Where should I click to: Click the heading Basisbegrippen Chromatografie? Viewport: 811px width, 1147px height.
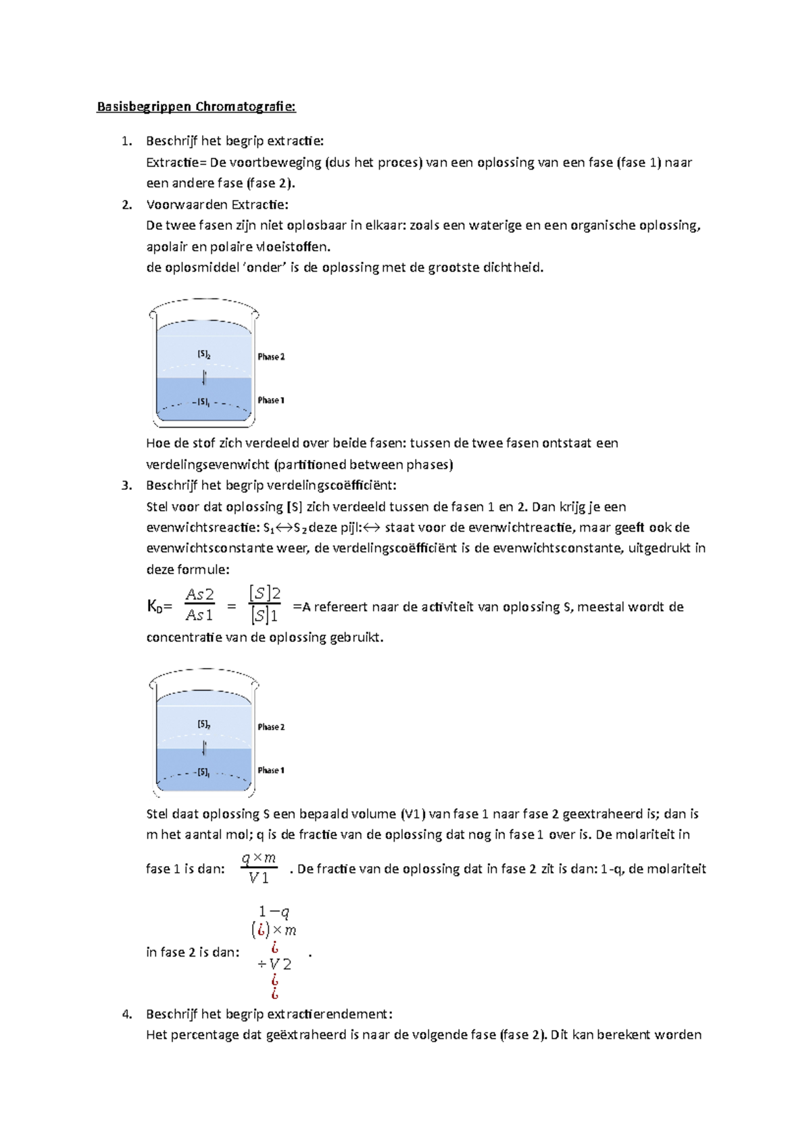coord(196,107)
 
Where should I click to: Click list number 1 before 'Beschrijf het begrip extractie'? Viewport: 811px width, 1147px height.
coord(126,141)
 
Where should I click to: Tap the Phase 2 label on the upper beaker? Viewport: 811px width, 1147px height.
coord(271,357)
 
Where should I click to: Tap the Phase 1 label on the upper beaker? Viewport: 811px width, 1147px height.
coord(271,400)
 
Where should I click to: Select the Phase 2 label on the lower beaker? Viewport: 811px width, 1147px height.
coord(271,727)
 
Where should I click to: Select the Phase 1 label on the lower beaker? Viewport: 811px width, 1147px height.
coord(271,770)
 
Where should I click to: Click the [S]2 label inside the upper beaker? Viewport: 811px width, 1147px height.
coord(204,354)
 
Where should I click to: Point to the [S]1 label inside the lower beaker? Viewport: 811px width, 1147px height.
coord(203,772)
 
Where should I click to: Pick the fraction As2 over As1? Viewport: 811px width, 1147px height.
coord(200,605)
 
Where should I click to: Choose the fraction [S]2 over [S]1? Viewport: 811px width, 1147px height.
coord(264,605)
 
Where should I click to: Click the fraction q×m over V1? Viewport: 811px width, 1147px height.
coord(259,868)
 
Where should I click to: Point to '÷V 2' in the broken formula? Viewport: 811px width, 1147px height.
coord(274,965)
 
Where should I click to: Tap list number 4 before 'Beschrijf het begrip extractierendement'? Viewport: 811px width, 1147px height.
coord(126,1014)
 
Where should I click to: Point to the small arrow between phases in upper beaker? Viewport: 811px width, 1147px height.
coord(204,377)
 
